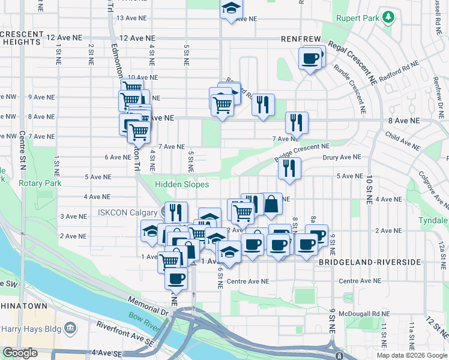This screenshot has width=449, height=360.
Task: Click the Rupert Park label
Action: coord(358,19)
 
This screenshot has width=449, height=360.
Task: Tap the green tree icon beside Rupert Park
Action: coord(388,16)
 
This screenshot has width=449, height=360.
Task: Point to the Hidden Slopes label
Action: coord(182,185)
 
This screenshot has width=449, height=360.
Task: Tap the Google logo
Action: coord(20,353)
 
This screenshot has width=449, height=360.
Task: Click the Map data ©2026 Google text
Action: coord(412,355)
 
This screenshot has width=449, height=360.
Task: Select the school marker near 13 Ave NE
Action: coord(231,10)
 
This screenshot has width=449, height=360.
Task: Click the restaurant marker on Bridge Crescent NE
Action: coord(289,169)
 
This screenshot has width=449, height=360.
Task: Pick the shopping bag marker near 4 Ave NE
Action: coord(271,203)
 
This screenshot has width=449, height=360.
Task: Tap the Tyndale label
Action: coord(433,221)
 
